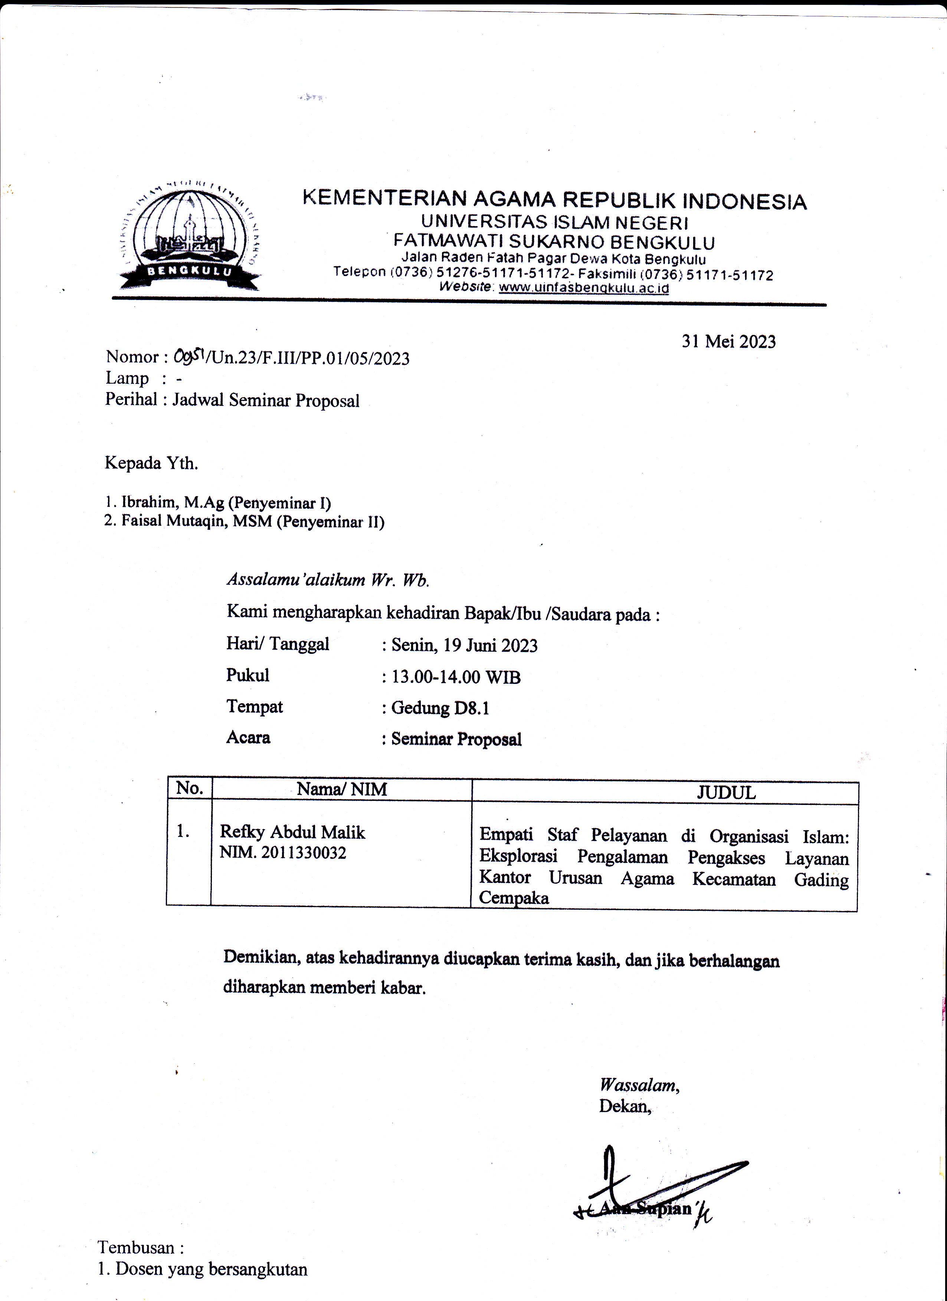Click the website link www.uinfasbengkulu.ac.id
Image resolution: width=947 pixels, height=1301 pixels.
point(584,288)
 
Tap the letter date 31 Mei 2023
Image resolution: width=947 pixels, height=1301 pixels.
point(728,342)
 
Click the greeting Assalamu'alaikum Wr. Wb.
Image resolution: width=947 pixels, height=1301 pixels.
point(328,580)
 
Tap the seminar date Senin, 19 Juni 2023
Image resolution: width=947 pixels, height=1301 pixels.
point(464,646)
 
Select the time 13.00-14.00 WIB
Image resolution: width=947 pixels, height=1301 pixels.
point(456,678)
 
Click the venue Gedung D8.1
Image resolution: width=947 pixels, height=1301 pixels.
point(440,708)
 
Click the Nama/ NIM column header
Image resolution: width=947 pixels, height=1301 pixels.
point(342,790)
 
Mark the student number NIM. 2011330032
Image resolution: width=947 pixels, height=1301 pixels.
point(283,853)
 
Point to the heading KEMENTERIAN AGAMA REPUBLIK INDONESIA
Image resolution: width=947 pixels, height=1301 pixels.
point(554,200)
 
